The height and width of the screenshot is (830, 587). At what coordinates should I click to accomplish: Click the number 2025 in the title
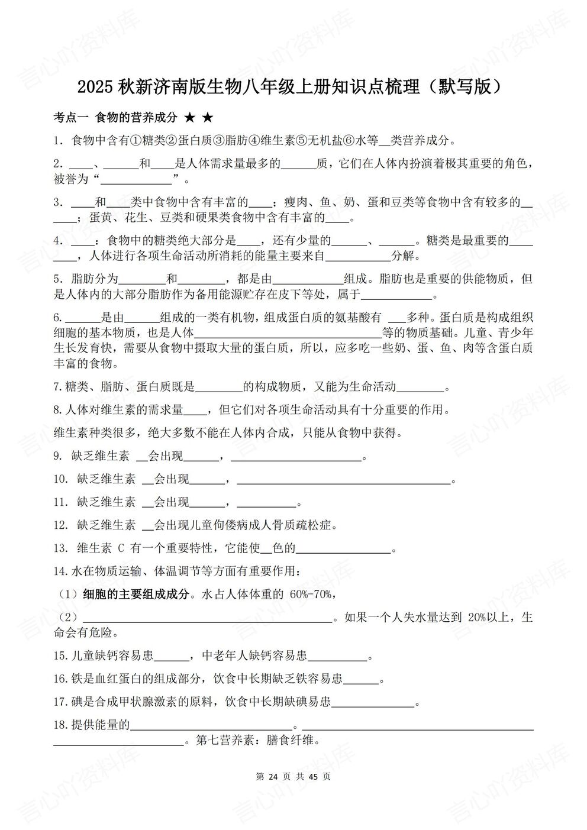tap(95, 87)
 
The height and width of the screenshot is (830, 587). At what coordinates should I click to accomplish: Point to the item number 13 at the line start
tap(60, 548)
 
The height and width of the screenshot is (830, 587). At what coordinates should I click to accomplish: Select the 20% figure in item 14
tap(477, 618)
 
